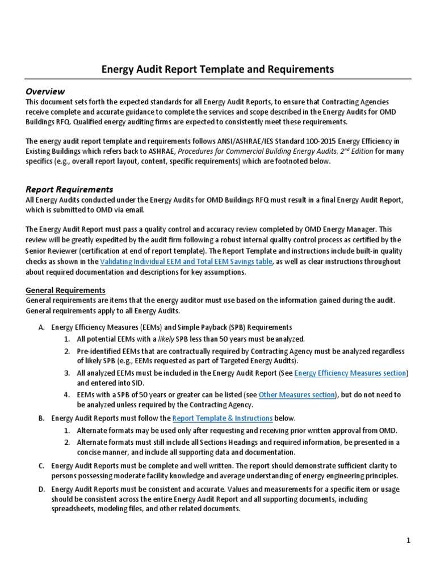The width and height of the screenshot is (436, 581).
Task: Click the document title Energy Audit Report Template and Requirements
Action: [217, 69]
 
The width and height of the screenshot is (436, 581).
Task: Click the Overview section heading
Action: [45, 91]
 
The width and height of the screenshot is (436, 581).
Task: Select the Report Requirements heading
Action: [69, 190]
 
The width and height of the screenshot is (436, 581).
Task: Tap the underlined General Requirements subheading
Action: [65, 290]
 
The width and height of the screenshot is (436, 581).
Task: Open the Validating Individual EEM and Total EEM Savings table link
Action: [186, 262]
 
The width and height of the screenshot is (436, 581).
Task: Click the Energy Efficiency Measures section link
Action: [350, 373]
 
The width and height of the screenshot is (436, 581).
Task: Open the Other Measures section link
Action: [297, 394]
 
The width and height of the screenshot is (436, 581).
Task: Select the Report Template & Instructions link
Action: [223, 418]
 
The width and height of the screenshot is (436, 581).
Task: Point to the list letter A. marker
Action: [41, 327]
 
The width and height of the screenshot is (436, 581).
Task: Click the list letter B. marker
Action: [41, 418]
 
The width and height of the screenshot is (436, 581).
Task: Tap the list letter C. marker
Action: [41, 466]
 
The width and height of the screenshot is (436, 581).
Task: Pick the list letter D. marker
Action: [41, 489]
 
